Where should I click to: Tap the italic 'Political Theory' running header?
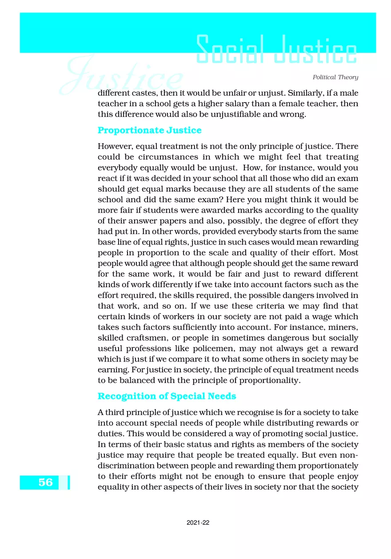tap(335, 77)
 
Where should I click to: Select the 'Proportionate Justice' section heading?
tap(149, 130)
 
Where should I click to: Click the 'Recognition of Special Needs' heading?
tap(167, 396)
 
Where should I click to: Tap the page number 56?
tap(45, 483)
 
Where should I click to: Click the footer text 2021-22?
tap(198, 523)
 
